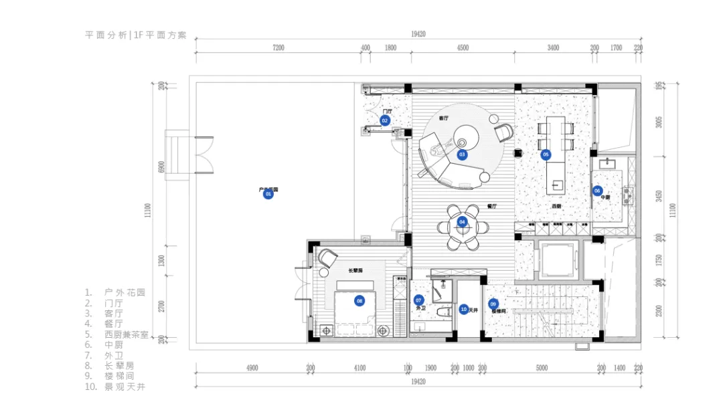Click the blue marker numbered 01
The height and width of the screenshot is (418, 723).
268,195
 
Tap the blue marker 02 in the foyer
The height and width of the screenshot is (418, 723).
385,121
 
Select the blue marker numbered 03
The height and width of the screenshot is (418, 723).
462,154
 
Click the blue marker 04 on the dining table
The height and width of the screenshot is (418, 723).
463,222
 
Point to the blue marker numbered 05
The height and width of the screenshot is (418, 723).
546,154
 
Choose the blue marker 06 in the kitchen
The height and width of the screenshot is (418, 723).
597,191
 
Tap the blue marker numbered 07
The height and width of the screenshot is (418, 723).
419,300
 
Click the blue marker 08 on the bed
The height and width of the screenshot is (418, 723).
359,301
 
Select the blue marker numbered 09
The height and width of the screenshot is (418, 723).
493,303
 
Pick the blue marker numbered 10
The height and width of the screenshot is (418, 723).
463,309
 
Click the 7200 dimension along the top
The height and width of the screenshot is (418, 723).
278,48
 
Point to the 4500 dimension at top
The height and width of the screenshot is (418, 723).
462,48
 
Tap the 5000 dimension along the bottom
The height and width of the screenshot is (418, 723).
542,368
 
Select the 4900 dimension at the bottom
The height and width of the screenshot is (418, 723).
252,368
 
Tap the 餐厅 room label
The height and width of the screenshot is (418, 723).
493,207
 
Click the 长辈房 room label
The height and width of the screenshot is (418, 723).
355,271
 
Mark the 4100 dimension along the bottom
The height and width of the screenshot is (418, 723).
359,368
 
